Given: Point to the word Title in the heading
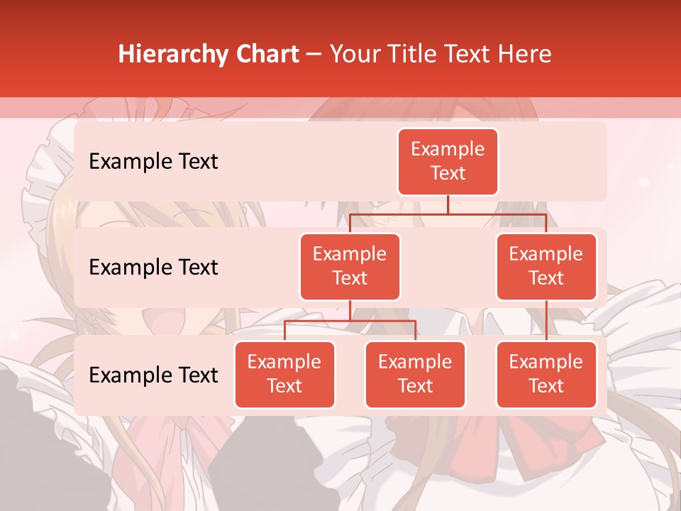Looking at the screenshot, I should click(422, 55).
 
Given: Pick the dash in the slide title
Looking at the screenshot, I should click(314, 55).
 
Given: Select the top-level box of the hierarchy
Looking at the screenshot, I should click(448, 161).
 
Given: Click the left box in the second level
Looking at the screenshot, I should click(350, 266).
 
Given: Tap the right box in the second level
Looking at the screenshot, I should click(546, 266).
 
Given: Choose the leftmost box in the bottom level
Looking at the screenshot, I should click(284, 374).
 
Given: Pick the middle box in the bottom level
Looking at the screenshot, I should click(415, 374).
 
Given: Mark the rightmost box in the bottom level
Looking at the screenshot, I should click(546, 374).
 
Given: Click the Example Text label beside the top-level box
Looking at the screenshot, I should click(153, 162).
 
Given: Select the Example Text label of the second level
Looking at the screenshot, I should click(153, 268).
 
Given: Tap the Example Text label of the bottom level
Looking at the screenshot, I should click(153, 375).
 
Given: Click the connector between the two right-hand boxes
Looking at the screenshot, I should click(546, 321).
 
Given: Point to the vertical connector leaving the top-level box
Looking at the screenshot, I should click(448, 204).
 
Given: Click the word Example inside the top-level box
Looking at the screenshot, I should click(448, 149).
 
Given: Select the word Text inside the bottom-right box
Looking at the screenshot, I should click(546, 386).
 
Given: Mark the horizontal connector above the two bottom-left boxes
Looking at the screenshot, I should click(350, 321).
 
